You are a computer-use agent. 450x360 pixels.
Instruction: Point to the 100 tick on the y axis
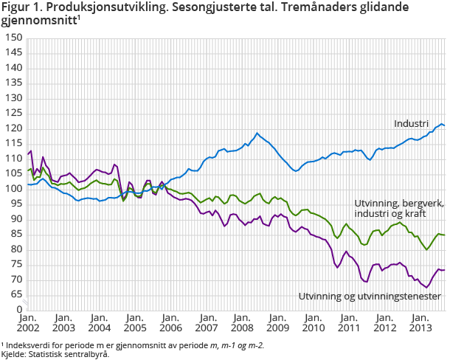click(x=13, y=189)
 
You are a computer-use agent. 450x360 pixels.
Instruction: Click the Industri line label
click(x=411, y=123)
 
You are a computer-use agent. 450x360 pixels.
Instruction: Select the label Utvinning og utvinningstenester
click(x=370, y=296)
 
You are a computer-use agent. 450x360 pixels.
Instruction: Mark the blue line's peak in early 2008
click(x=257, y=134)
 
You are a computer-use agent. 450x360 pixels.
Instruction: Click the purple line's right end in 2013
click(x=444, y=270)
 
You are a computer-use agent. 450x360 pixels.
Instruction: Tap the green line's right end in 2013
click(x=444, y=235)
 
